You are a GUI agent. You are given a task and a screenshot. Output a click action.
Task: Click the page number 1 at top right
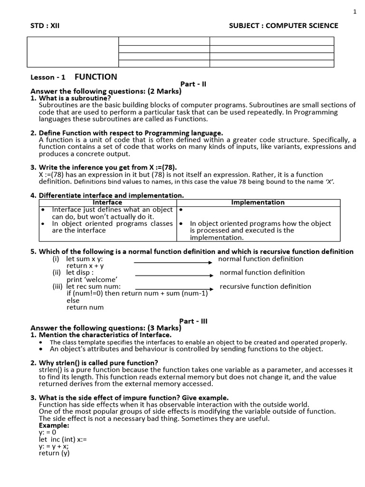pyautogui.click(x=355, y=12)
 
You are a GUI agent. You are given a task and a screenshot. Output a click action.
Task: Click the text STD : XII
pyautogui.click(x=45, y=26)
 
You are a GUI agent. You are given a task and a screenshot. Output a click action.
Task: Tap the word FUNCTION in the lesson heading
pyautogui.click(x=96, y=77)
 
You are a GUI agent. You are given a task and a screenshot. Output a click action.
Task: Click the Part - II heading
pyautogui.click(x=193, y=84)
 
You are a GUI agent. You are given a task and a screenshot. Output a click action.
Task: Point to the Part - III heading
pyautogui.click(x=193, y=321)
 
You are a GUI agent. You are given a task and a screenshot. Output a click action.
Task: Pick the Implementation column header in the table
pyautogui.click(x=258, y=203)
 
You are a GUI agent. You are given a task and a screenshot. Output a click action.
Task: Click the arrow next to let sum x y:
pyautogui.click(x=173, y=262)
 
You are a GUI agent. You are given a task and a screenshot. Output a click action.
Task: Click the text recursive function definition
pyautogui.click(x=265, y=286)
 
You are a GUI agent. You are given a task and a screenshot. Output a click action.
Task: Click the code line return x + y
pyautogui.click(x=85, y=266)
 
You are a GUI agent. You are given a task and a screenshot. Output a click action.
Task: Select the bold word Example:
pyautogui.click(x=54, y=425)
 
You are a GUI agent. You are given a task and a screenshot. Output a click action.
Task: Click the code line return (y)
pyautogui.click(x=54, y=453)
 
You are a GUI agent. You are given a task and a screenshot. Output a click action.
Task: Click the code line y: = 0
pyautogui.click(x=48, y=432)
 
